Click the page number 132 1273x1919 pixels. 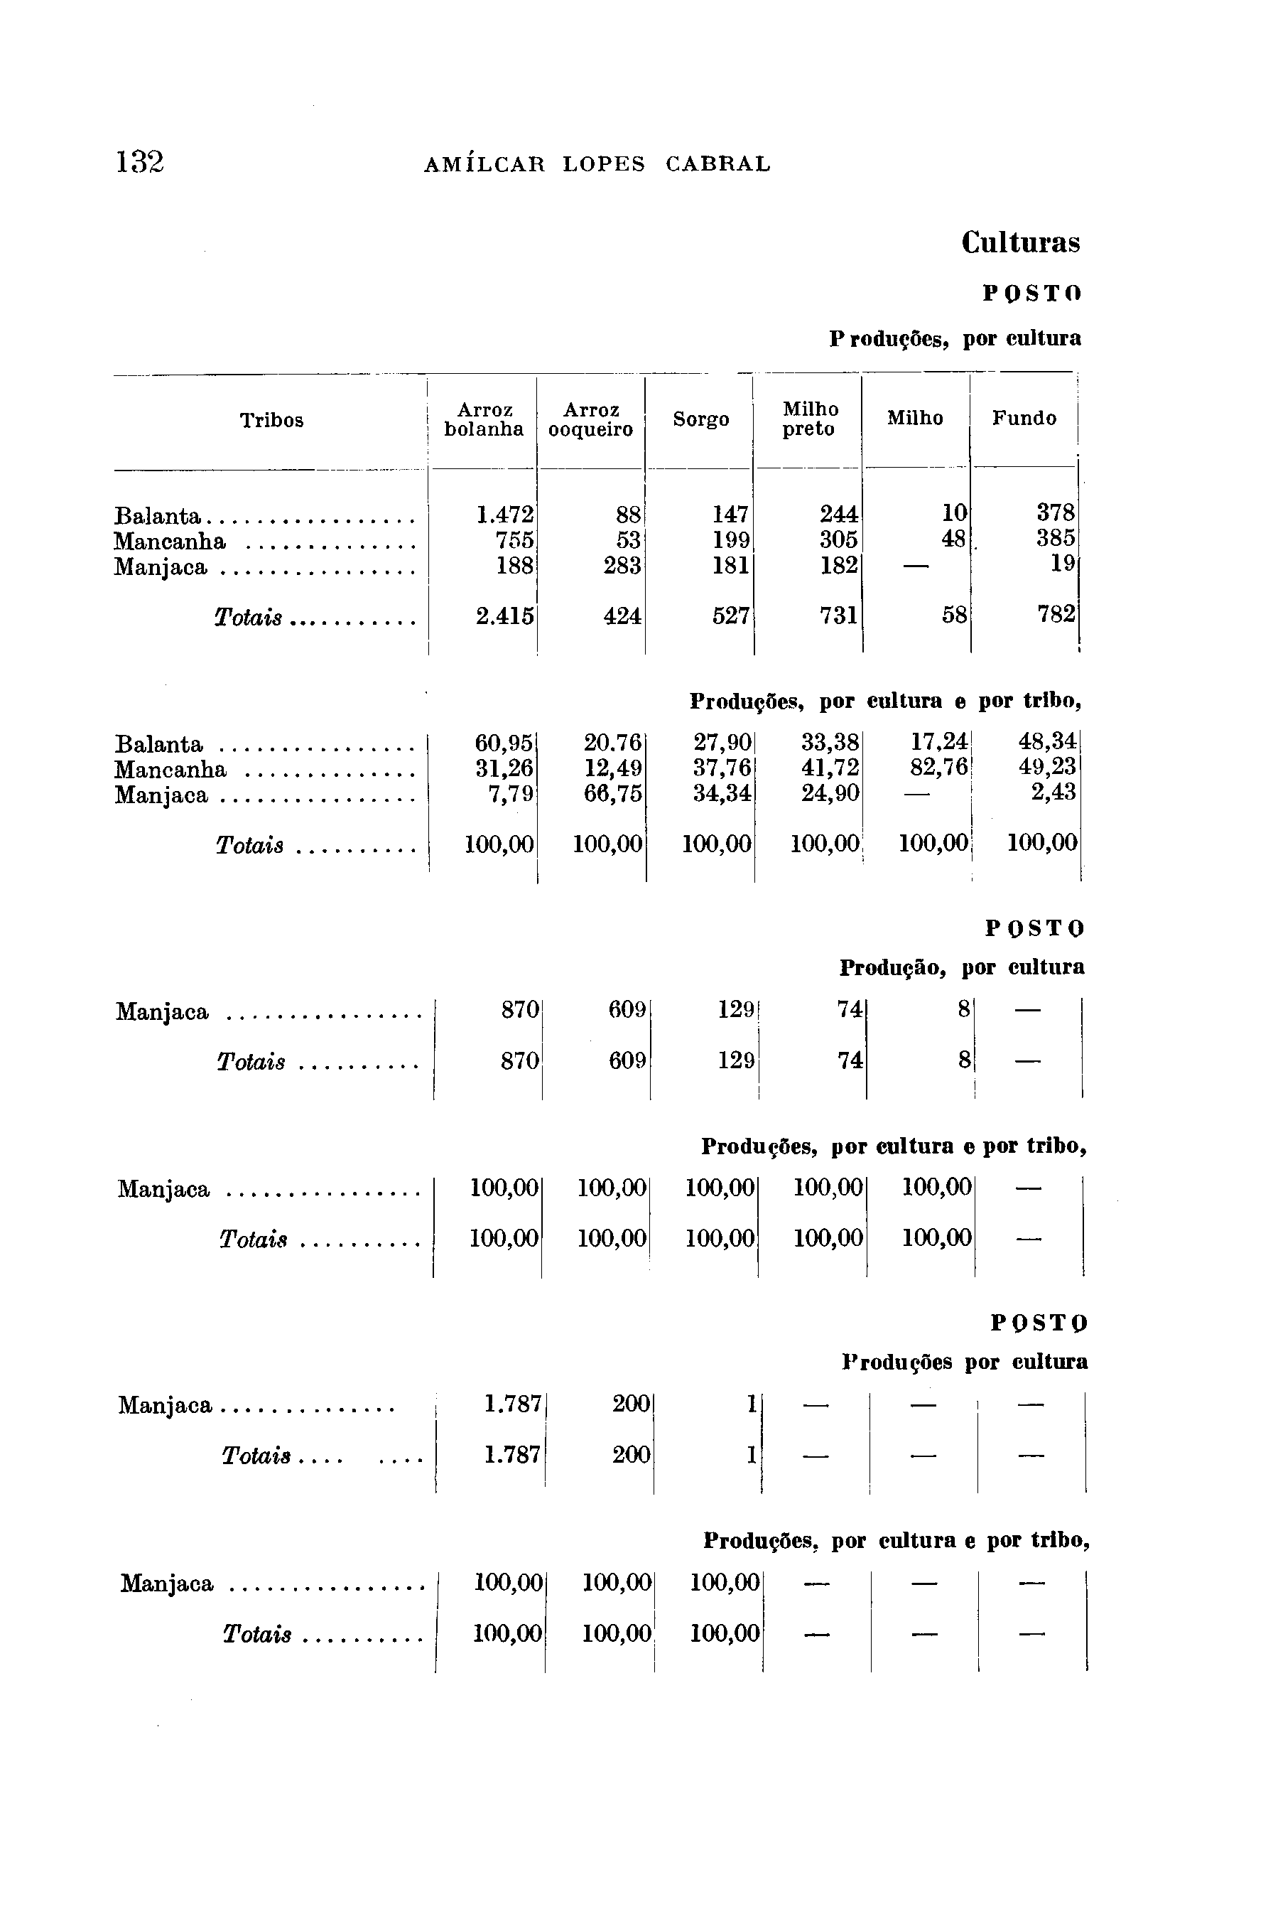140,163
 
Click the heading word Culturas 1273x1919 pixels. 1021,243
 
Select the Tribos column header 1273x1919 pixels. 271,421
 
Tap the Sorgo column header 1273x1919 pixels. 700,420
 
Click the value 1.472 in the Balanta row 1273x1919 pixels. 504,515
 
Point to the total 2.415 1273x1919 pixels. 504,616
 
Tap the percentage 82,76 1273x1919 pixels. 939,768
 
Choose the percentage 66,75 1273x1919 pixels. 613,793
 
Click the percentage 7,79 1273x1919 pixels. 511,793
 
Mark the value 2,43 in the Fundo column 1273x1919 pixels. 1053,792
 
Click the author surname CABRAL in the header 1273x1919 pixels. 717,165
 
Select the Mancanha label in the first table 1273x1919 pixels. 170,542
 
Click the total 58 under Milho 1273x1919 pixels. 955,616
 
